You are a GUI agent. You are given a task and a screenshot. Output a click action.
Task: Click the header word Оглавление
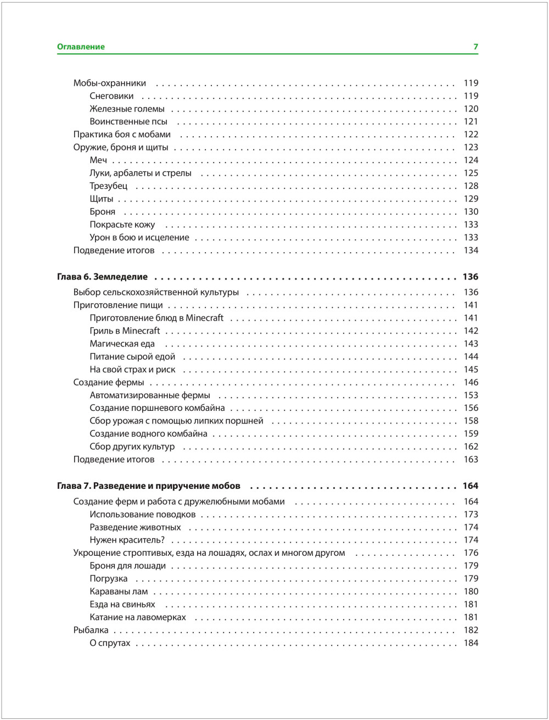[x=81, y=47]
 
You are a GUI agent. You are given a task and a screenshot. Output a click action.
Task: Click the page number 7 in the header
[x=475, y=47]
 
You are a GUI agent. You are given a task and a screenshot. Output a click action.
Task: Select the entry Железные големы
[x=127, y=109]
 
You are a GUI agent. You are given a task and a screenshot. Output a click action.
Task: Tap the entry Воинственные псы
[x=128, y=121]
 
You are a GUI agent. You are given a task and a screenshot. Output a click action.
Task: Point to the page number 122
[x=470, y=135]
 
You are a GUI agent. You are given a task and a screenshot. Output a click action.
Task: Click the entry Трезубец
[x=108, y=186]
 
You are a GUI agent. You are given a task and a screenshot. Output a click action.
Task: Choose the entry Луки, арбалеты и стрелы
[x=141, y=173]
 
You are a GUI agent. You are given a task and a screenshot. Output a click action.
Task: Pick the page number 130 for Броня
[x=470, y=211]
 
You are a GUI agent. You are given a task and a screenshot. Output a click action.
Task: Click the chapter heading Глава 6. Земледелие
[x=102, y=277]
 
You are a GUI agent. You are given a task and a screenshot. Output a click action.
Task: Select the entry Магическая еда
[x=122, y=344]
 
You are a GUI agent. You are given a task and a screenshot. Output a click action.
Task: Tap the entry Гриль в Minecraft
[x=125, y=331]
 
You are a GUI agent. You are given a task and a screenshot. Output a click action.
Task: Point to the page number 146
[x=470, y=382]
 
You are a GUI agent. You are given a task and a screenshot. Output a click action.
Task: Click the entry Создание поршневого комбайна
[x=157, y=408]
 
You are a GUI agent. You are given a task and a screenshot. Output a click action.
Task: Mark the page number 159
[x=470, y=434]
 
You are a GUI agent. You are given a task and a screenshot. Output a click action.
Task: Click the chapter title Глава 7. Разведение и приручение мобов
[x=148, y=486]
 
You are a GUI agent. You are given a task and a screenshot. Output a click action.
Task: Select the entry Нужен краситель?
[x=127, y=540]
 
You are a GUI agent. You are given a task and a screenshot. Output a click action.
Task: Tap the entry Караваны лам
[x=119, y=591]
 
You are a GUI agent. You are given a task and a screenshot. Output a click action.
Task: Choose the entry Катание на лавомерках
[x=138, y=617]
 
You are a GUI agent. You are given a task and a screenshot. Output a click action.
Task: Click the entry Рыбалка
[x=91, y=630]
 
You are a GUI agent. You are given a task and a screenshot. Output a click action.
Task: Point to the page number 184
[x=470, y=643]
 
